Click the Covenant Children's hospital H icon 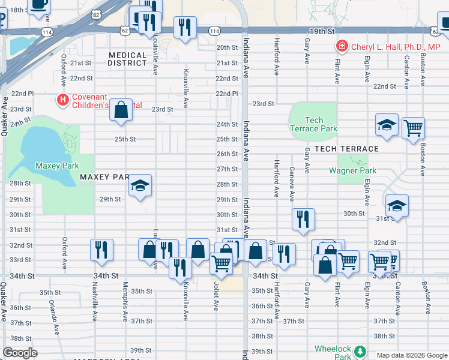click(61, 99)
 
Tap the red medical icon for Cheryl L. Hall click(342, 46)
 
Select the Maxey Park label click(57, 166)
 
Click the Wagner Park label click(352, 170)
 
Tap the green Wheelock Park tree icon click(360, 350)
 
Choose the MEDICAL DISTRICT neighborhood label click(127, 59)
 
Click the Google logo click(20, 353)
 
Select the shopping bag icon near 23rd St click(121, 110)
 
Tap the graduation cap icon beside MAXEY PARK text click(140, 185)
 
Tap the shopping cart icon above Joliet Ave click(221, 263)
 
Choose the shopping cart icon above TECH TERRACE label click(413, 127)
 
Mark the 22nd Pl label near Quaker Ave click(22, 94)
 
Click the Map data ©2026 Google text click(411, 355)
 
